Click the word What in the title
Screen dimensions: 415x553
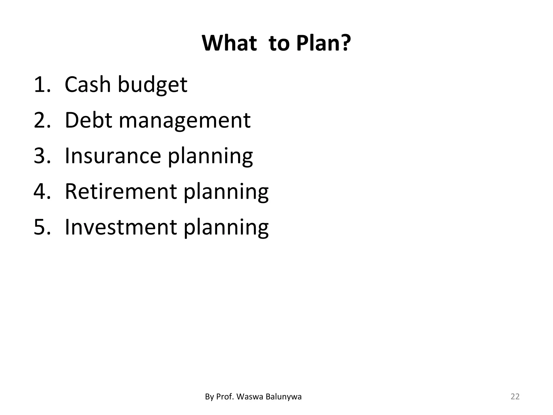click(229, 43)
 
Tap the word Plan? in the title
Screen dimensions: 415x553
click(323, 43)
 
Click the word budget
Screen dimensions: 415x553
click(152, 85)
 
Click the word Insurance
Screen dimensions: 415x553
click(113, 156)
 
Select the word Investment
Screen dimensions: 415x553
click(121, 227)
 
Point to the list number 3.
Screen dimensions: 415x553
click(42, 156)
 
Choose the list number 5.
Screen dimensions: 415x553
click(42, 227)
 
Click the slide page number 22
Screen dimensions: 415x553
click(515, 397)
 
